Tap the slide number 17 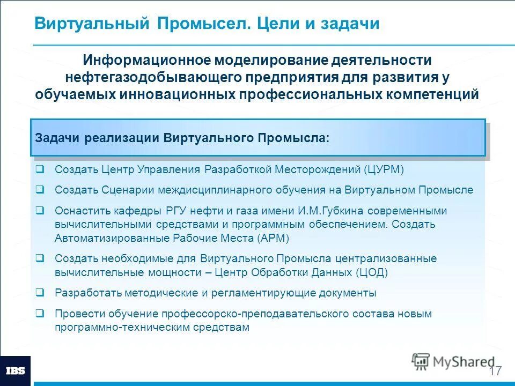tap(495, 372)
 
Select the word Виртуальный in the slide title tap(91, 24)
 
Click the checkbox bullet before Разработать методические tap(40, 293)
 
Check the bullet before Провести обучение tap(40, 314)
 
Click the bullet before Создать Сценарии tap(40, 190)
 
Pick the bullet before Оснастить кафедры tap(40, 211)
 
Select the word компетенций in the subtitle tap(432, 94)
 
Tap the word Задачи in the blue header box tap(57, 138)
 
